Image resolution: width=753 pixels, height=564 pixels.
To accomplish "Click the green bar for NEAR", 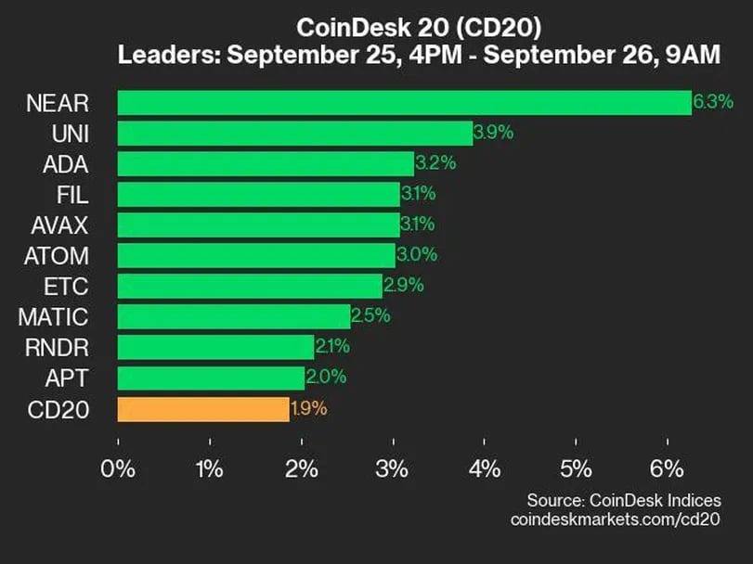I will click(404, 102).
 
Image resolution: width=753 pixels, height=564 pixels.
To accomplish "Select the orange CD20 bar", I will click(203, 408).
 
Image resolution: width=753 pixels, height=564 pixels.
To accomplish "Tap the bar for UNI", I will click(294, 133).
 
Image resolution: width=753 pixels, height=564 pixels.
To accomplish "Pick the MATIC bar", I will click(234, 316).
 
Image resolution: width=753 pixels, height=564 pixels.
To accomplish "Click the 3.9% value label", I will click(493, 133).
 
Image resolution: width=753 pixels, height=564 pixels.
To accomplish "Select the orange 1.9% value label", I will click(309, 408).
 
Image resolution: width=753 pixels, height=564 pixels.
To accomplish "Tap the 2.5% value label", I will click(370, 316).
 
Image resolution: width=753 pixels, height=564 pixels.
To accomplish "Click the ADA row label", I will click(65, 163).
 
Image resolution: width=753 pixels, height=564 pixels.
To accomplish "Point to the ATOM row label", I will click(56, 255).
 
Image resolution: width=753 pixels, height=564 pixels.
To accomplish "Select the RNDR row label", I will click(56, 347).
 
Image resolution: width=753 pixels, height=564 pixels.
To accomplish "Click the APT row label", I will click(67, 378).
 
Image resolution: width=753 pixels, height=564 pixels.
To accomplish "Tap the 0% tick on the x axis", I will click(119, 468).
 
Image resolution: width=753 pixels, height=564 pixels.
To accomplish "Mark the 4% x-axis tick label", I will click(485, 468).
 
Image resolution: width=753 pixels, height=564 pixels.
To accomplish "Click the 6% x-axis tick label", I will click(668, 468).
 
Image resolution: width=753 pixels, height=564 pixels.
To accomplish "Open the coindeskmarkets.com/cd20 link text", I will click(615, 519).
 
